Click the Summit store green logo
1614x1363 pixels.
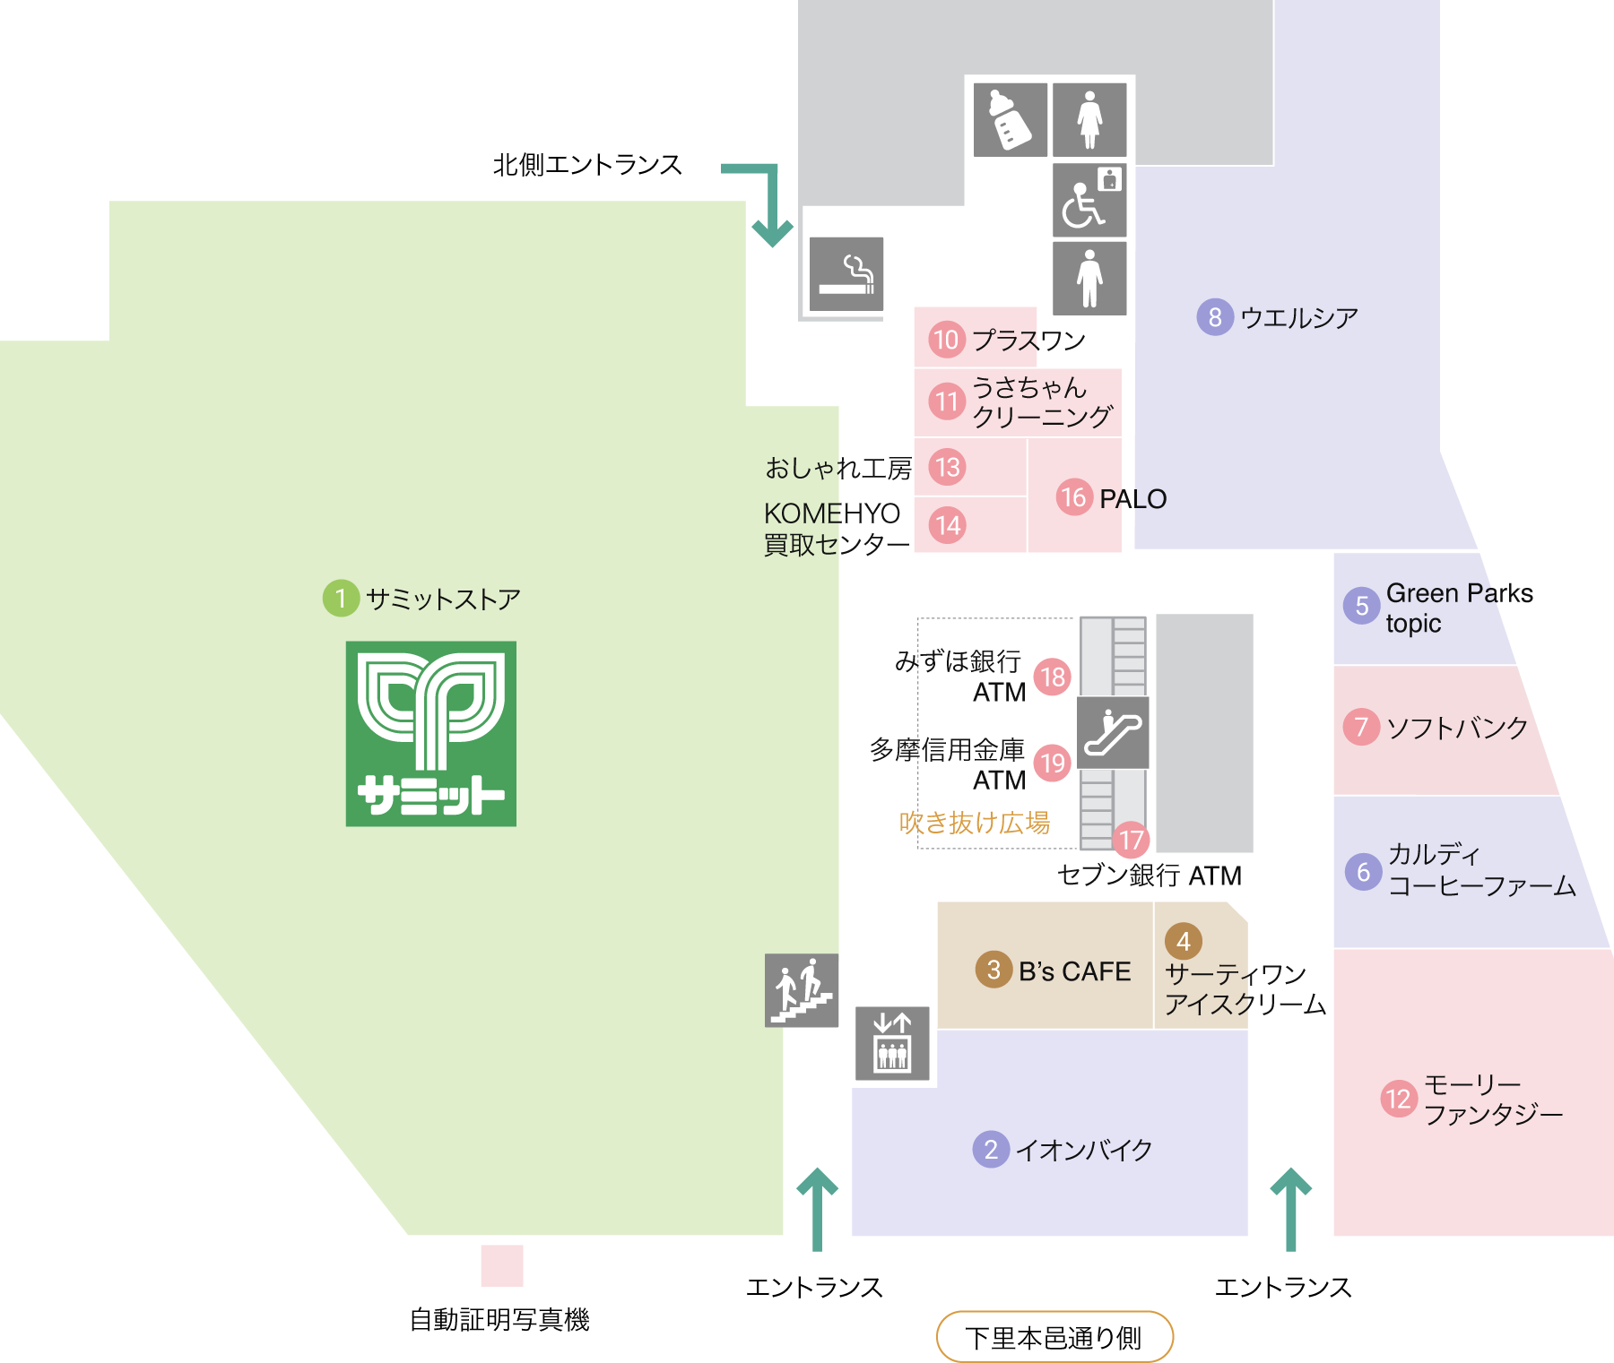pos(431,733)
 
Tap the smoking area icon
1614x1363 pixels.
pos(846,274)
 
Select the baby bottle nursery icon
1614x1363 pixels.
pos(1011,120)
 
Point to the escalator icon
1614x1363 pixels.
pos(1113,733)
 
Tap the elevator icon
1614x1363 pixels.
pos(892,1043)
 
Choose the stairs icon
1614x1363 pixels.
pos(802,990)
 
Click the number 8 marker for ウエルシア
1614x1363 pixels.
pos(1215,317)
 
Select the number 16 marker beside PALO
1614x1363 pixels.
pos(1074,497)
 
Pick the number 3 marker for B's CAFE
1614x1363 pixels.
pos(994,970)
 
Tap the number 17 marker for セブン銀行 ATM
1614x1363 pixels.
pos(1132,840)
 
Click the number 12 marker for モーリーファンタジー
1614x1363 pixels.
pos(1399,1099)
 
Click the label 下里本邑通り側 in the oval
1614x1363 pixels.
pos(1054,1338)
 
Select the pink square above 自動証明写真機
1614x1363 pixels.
pos(502,1265)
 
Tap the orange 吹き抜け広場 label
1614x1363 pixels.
pos(975,823)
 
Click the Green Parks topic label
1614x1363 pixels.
pos(1460,608)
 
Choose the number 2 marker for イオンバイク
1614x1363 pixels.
pos(991,1149)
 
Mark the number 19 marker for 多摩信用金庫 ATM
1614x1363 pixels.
pos(1053,763)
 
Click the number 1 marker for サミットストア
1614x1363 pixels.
pos(341,598)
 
